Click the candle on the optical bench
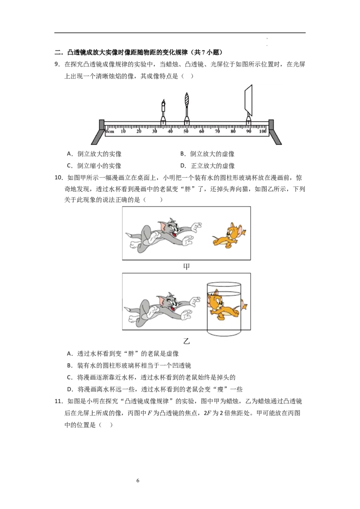163,112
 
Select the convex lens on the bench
186,109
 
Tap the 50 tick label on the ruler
186,131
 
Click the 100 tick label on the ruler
262,131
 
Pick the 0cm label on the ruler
110,131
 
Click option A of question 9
94,154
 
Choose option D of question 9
207,166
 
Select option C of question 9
94,166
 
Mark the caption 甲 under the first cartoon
186,267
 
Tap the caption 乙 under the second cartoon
186,341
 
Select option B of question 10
129,366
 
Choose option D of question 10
155,389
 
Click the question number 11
58,402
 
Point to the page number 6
138,481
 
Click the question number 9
57,64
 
